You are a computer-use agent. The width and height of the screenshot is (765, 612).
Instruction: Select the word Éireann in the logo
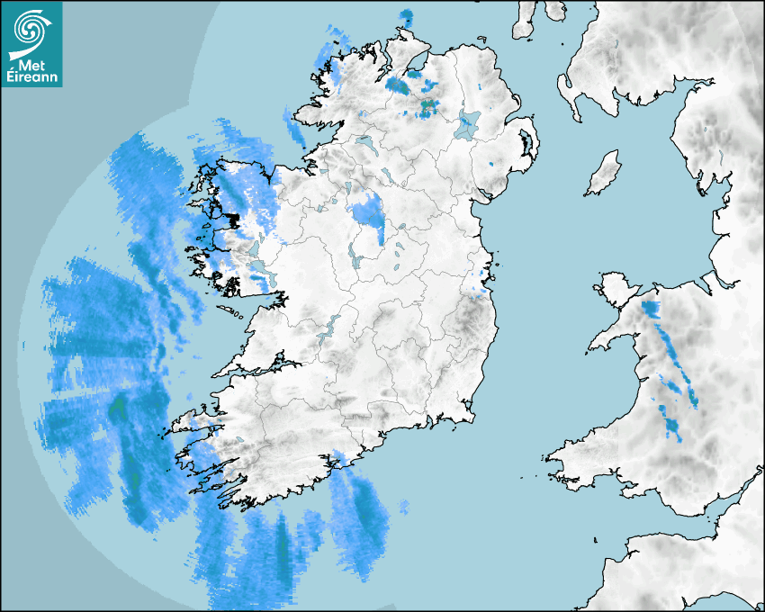pyautogui.click(x=33, y=77)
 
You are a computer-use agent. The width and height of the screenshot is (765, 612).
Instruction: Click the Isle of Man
pyautogui.click(x=603, y=174)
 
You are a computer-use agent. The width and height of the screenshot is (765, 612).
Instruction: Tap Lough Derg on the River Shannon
pyautogui.click(x=329, y=328)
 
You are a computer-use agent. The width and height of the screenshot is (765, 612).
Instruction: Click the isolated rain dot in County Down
pyautogui.click(x=490, y=165)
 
